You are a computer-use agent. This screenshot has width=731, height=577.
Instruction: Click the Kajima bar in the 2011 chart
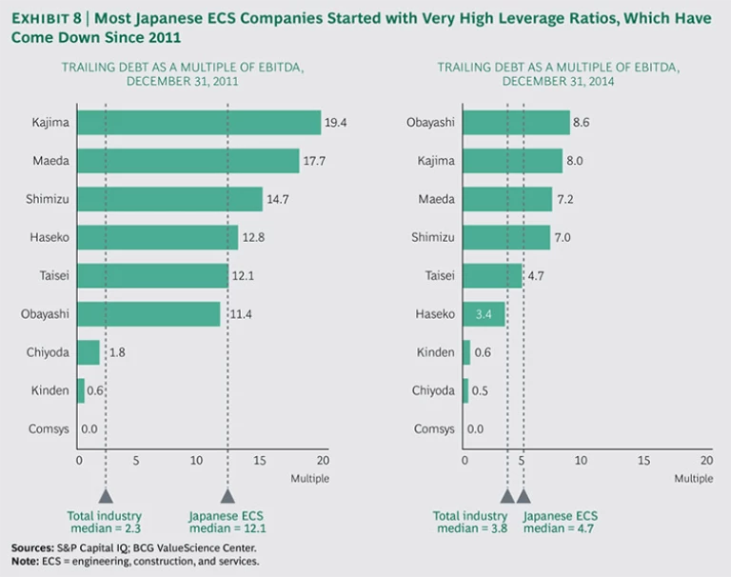(198, 123)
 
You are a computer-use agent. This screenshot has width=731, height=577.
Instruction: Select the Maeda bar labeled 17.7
(188, 161)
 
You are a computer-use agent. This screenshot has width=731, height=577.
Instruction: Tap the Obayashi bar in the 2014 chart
(515, 123)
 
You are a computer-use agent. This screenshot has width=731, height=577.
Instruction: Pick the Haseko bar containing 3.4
(483, 314)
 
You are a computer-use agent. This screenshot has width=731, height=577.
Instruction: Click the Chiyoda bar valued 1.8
(88, 352)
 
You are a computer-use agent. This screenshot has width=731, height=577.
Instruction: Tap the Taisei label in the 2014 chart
(440, 276)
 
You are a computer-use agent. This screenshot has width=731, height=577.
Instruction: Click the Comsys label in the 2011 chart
(49, 429)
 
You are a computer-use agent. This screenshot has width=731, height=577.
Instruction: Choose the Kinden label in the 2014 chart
(437, 353)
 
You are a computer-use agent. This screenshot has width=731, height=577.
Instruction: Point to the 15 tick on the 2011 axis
(260, 461)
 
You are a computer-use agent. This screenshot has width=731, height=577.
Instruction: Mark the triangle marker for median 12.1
(227, 495)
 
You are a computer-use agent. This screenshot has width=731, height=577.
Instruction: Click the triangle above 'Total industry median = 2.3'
(106, 495)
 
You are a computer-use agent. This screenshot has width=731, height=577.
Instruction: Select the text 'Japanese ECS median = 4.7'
(560, 522)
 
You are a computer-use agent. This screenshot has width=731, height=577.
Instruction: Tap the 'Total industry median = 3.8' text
(470, 522)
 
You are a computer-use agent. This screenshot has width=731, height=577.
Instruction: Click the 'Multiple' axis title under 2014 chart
(693, 479)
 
